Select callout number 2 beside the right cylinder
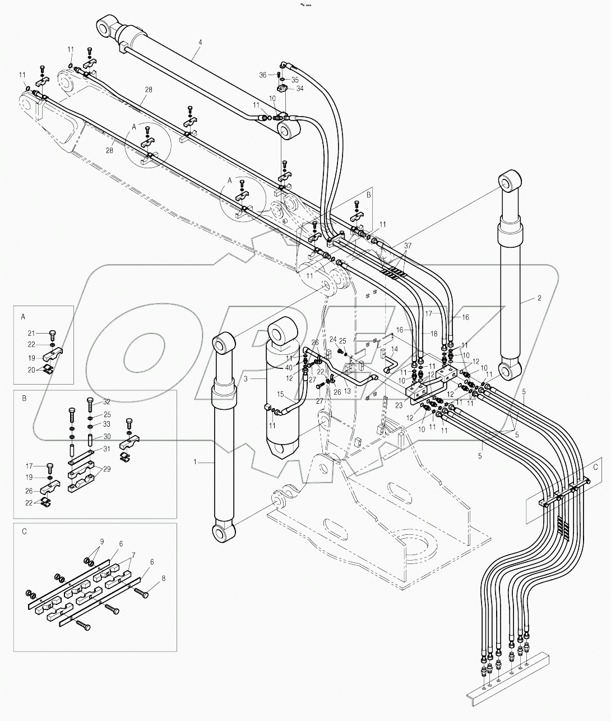pos(539,299)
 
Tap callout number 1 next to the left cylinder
pos(195,462)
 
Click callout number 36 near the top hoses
pos(277,75)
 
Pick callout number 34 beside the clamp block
pos(300,88)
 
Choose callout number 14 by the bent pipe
pos(395,349)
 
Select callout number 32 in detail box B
pos(107,401)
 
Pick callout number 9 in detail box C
pos(101,541)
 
